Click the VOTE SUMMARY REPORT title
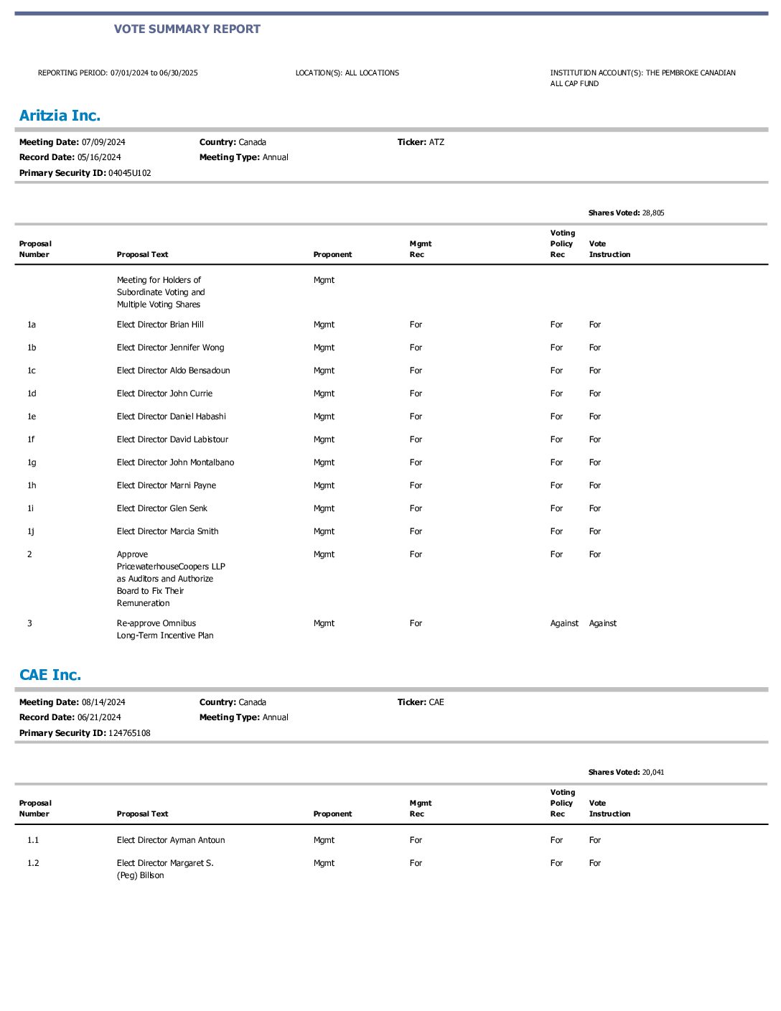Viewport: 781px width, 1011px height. click(187, 29)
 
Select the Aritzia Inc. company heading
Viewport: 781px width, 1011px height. click(60, 116)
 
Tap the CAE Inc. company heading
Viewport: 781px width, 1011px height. click(50, 675)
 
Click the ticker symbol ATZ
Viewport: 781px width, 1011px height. click(436, 142)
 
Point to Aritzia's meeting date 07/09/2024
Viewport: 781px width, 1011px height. click(103, 142)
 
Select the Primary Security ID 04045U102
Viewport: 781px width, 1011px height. click(130, 173)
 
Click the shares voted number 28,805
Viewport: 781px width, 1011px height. click(653, 213)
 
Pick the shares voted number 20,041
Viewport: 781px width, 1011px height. click(653, 773)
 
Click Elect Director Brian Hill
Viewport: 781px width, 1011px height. click(160, 325)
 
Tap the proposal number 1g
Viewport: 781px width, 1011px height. click(32, 462)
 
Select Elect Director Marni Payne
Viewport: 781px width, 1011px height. click(166, 485)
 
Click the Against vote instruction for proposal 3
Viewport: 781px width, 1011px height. click(603, 623)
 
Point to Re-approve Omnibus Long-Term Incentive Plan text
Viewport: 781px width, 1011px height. click(165, 629)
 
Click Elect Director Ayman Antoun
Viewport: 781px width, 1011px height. click(171, 840)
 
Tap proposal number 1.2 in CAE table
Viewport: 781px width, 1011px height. click(33, 863)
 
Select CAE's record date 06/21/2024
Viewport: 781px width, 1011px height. click(99, 717)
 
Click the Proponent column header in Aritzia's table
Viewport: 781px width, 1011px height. click(332, 255)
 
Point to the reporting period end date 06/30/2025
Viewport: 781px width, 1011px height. click(179, 73)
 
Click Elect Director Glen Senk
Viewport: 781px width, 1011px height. click(162, 508)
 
